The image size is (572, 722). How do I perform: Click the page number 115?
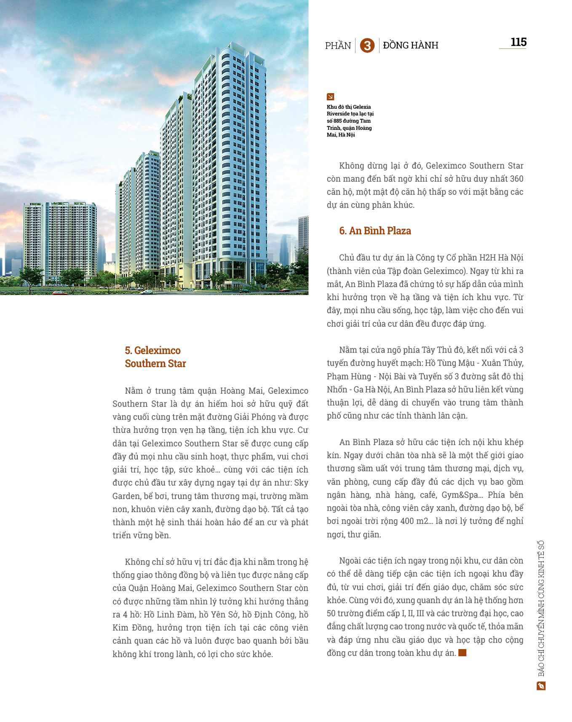pos(518,42)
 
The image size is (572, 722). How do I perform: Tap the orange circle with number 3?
pos(367,46)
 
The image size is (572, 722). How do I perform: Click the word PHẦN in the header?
pos(338,46)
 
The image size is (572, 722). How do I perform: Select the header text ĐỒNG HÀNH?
pos(411,45)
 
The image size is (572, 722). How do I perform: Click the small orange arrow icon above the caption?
pos(330,97)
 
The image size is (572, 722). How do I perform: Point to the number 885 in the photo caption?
pos(337,121)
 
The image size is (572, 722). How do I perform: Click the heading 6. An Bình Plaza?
pos(375,231)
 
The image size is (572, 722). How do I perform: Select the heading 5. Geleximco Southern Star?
pos(155,357)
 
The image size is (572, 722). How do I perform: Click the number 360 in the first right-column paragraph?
pos(516,179)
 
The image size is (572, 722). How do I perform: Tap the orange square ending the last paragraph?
pos(462,653)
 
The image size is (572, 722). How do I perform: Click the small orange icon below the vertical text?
pos(541,686)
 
